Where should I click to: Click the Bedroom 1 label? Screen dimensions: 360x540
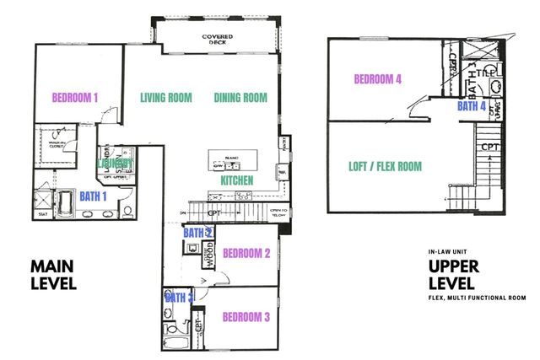(x=76, y=97)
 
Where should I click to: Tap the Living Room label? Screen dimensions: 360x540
(x=166, y=97)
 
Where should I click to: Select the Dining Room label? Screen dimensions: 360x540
(x=240, y=97)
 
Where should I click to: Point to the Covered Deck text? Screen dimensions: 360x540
(x=217, y=40)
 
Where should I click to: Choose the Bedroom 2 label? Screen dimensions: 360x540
(x=246, y=253)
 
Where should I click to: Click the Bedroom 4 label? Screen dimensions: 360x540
(x=376, y=79)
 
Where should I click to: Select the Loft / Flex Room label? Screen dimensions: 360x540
(x=385, y=166)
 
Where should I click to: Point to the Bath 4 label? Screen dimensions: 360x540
(x=472, y=106)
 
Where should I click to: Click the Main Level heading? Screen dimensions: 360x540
(x=54, y=275)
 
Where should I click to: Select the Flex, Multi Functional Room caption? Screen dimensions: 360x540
(x=478, y=297)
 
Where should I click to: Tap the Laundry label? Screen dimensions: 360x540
(x=116, y=162)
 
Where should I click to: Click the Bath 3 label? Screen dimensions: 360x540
(x=179, y=297)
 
